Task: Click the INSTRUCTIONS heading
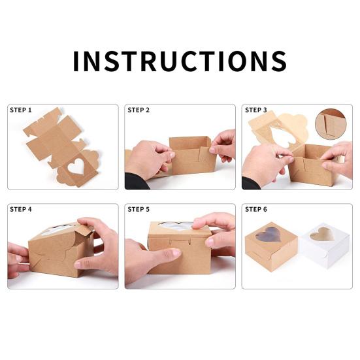[180, 61]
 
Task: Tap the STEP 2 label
[139, 110]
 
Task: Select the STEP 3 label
[256, 110]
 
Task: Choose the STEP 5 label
[139, 209]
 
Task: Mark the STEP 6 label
[256, 209]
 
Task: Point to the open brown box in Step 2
[191, 155]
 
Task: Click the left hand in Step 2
[148, 160]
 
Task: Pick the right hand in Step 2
[224, 144]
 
